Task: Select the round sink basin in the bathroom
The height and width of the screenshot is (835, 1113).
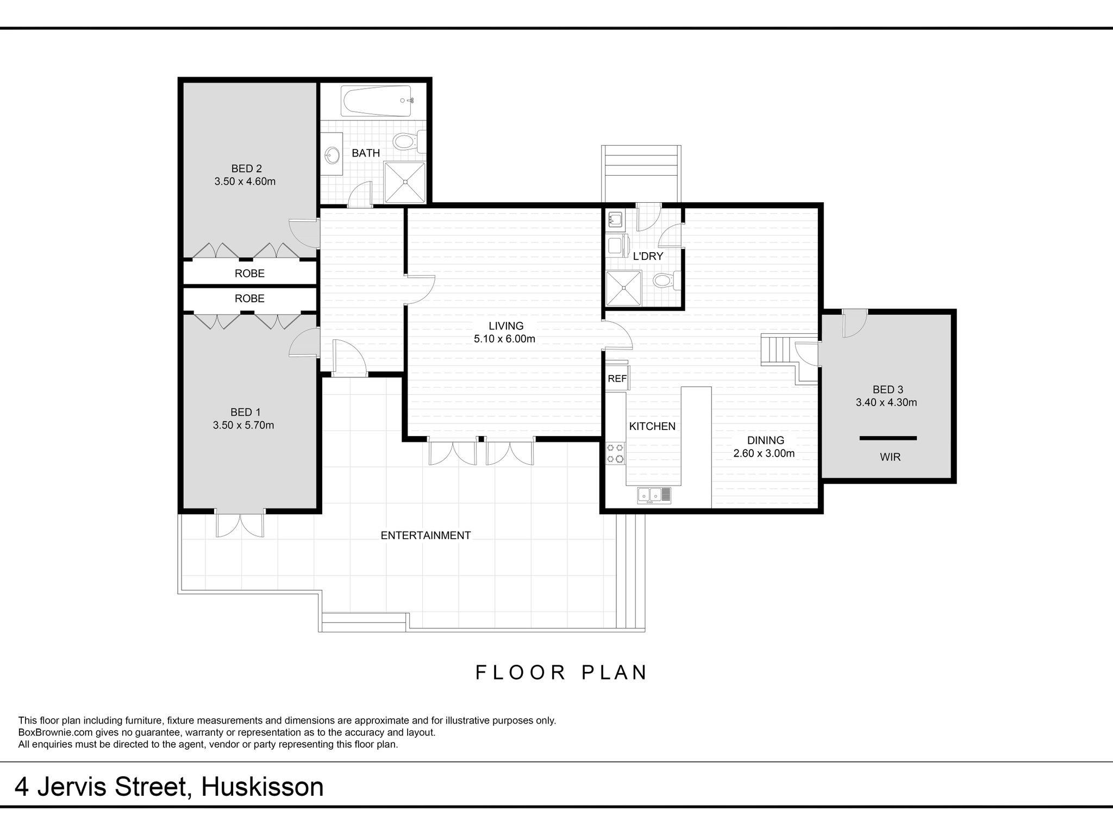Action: pos(330,157)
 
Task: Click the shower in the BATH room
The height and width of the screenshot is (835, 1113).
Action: pos(405,183)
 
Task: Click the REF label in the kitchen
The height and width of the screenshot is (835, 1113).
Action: pos(617,379)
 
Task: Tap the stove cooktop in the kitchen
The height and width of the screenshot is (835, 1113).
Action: pos(616,454)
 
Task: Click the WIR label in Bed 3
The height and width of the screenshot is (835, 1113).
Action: pos(890,457)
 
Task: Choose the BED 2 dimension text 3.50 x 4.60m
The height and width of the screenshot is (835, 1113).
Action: pos(245,182)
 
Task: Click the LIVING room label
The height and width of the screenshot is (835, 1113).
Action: pos(506,326)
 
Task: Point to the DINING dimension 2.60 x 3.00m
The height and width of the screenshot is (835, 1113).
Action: pos(764,453)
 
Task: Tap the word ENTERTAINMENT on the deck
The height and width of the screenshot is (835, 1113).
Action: pos(426,535)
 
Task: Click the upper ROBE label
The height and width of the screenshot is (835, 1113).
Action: pos(249,273)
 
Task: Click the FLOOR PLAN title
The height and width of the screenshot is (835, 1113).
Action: pos(561,672)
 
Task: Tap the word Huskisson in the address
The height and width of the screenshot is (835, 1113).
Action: pos(262,787)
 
